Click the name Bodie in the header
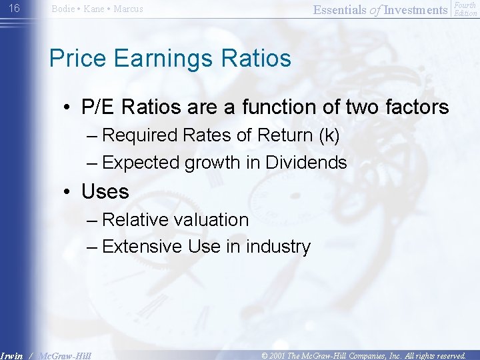point(63,9)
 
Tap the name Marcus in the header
point(128,9)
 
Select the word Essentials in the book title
point(340,9)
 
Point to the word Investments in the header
point(416,9)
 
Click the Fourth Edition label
point(465,9)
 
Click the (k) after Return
point(327,135)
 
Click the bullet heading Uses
point(105,192)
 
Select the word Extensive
point(142,247)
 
